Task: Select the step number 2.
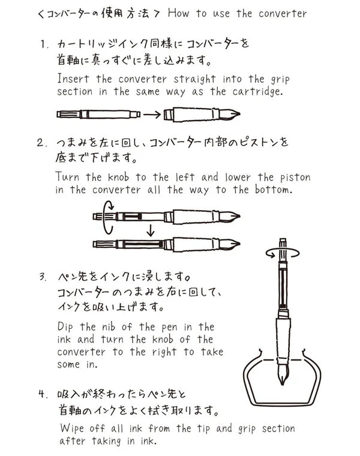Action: pyautogui.click(x=43, y=143)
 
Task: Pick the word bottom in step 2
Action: pyautogui.click(x=271, y=190)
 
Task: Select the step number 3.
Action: pyautogui.click(x=43, y=278)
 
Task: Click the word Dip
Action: pyautogui.click(x=68, y=327)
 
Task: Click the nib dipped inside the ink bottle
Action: pyautogui.click(x=283, y=377)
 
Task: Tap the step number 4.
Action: pyautogui.click(x=43, y=395)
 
